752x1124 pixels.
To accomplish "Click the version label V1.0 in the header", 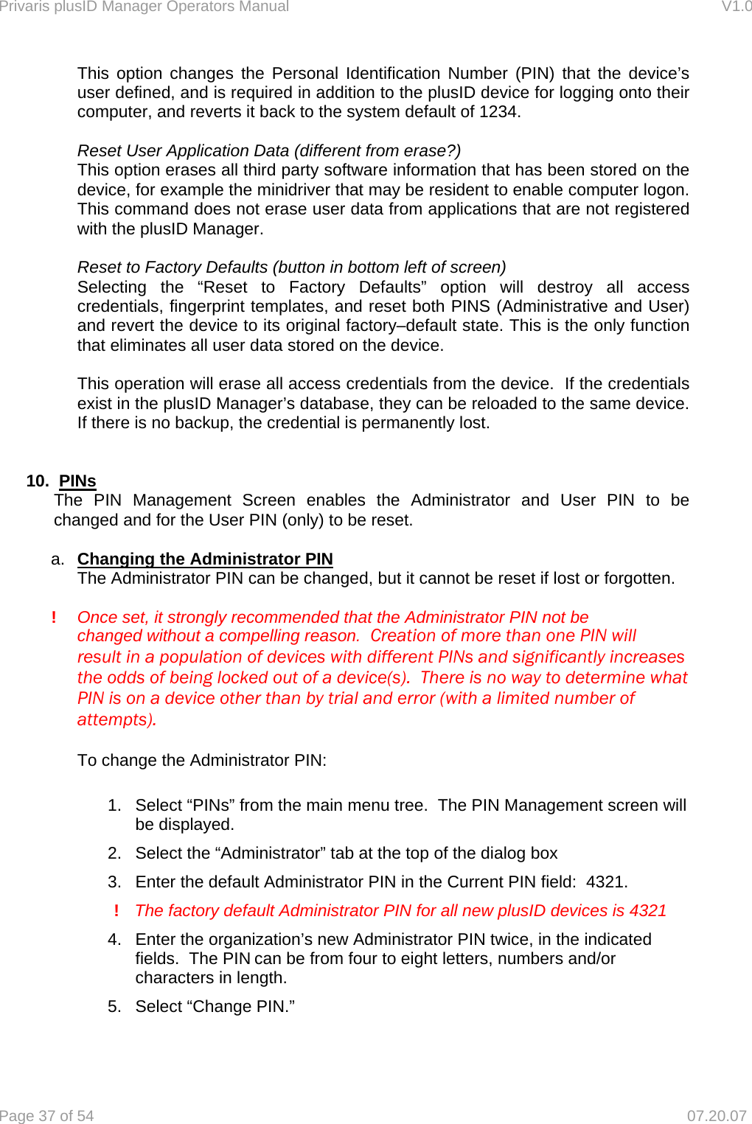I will [x=736, y=7].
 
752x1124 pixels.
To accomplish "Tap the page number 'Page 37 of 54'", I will [x=47, y=1115].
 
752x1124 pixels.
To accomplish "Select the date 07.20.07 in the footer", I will [x=717, y=1115].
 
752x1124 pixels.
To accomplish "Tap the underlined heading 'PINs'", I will [x=77, y=481].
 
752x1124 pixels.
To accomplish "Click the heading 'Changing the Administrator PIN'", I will [x=205, y=559].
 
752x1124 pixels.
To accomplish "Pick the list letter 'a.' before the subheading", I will [x=58, y=559].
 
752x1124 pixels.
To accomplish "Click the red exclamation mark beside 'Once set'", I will [x=54, y=617].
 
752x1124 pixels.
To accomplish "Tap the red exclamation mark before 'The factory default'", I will [x=116, y=911].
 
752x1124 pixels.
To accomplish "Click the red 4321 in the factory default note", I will [x=648, y=911].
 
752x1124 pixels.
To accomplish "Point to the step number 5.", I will [x=114, y=1007].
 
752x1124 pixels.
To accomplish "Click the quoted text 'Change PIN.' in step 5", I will [x=243, y=1007].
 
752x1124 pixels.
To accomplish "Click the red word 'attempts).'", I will [x=116, y=719].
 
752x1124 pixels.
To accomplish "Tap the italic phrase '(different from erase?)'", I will [x=377, y=151].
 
